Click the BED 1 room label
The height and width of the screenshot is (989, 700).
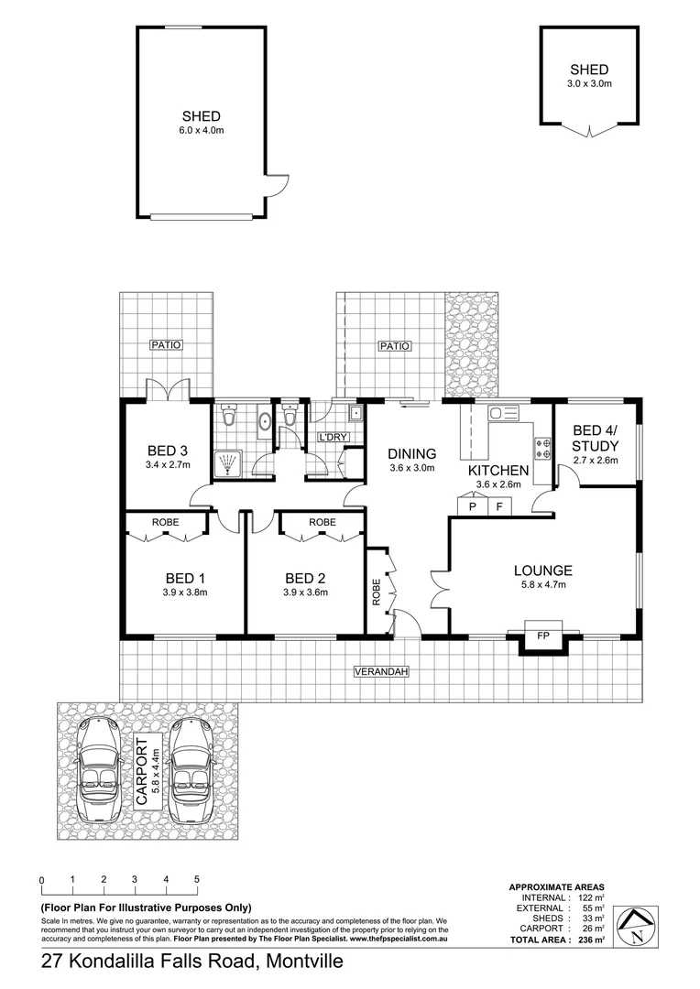pyautogui.click(x=185, y=578)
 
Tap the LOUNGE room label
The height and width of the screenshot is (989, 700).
pyautogui.click(x=542, y=571)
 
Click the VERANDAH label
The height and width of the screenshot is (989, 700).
pyautogui.click(x=380, y=672)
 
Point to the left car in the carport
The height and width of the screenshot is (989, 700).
pyautogui.click(x=97, y=770)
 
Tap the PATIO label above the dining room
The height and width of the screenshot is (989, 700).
pyautogui.click(x=394, y=346)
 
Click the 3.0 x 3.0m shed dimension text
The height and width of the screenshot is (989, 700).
pyautogui.click(x=588, y=84)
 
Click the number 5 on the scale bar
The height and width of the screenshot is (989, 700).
pyautogui.click(x=197, y=879)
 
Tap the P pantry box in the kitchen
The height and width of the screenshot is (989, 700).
pyautogui.click(x=473, y=506)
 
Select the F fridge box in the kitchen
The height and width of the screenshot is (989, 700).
pyautogui.click(x=499, y=506)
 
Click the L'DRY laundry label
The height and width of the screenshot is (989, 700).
pyautogui.click(x=332, y=437)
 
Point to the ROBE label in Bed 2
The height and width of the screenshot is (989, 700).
pyautogui.click(x=322, y=521)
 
